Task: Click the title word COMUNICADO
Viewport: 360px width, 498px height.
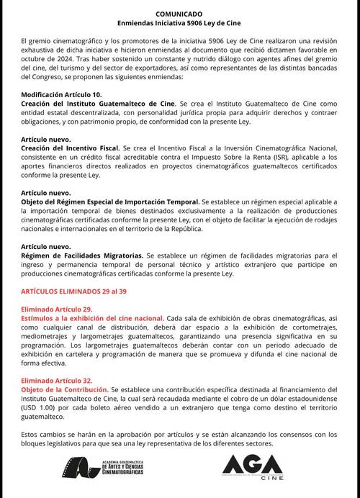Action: tap(179, 14)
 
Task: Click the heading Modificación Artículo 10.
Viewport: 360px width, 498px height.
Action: tap(61, 95)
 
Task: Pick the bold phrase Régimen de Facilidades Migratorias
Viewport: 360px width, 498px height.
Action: tap(82, 255)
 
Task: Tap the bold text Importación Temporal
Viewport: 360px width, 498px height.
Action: tap(163, 203)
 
